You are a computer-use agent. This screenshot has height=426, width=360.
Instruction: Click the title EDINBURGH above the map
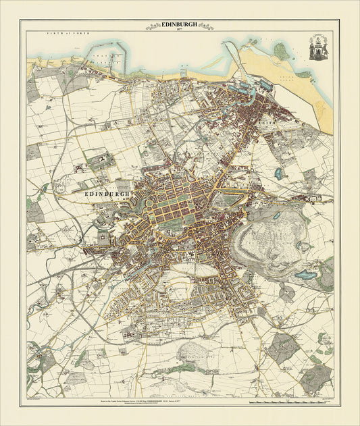180,24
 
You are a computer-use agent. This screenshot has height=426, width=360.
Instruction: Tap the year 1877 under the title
180,30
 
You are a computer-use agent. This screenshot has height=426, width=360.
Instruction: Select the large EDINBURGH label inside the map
106,193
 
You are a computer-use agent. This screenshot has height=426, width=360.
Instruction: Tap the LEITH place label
263,123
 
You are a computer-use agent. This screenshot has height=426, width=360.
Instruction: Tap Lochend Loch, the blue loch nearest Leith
278,174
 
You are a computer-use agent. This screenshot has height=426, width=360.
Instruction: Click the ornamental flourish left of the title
151,26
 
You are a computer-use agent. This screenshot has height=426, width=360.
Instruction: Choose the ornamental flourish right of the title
208,26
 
